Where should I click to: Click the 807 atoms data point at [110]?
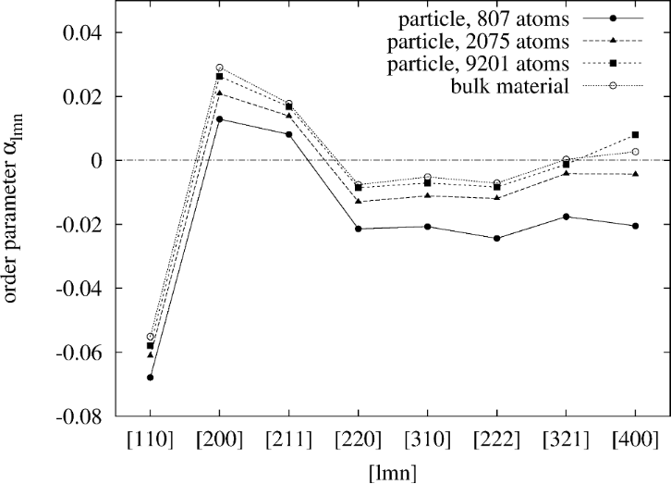150,378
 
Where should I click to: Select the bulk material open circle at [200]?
219,68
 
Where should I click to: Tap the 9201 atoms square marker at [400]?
636,135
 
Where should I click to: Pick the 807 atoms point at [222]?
497,239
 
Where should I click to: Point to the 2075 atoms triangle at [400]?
636,174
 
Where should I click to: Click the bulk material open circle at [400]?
636,152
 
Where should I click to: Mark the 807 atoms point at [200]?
219,118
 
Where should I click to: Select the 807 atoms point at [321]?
567,217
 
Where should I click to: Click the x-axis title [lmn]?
392,471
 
